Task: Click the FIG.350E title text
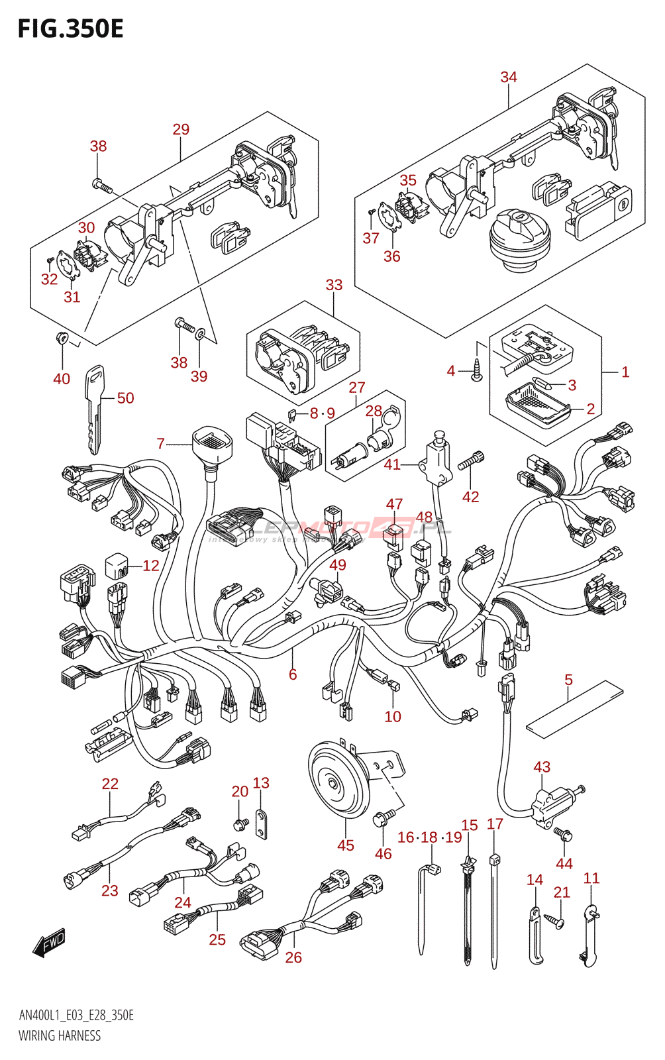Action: [70, 29]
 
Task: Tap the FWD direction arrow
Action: [50, 942]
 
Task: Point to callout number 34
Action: [509, 77]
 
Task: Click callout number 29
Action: [181, 129]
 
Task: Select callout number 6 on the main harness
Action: [293, 674]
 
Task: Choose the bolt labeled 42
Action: [474, 460]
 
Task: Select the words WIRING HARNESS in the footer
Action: [60, 1035]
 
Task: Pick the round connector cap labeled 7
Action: [212, 443]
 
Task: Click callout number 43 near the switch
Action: [542, 767]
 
